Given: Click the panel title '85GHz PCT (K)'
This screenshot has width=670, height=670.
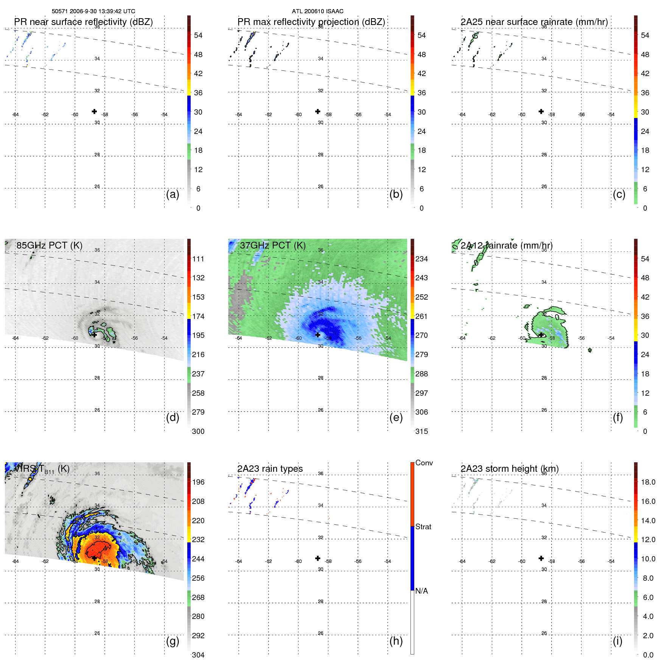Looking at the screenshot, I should tap(49, 246).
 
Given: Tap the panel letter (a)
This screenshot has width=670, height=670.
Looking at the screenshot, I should tap(173, 194).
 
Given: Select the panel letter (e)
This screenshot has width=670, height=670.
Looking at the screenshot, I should tap(396, 417).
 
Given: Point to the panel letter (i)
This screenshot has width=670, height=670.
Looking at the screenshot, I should tap(617, 641).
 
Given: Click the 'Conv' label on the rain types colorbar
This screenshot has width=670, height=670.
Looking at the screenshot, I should tap(424, 463).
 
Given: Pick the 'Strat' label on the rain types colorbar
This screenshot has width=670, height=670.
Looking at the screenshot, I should tap(423, 527).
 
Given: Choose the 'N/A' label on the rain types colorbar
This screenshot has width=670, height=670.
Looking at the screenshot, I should tap(421, 591).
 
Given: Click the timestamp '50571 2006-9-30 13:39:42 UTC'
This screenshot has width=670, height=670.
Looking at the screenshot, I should tap(93, 11).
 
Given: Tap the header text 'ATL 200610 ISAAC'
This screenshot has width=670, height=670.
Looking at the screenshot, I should tap(317, 11).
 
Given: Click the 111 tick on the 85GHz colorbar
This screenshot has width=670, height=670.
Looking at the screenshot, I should tap(198, 259).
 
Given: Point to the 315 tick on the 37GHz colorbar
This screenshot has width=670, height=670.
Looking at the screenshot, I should tap(421, 431).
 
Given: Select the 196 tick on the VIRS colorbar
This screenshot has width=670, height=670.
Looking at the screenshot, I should tap(198, 482).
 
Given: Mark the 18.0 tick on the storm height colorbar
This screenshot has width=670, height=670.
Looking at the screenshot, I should tap(648, 482).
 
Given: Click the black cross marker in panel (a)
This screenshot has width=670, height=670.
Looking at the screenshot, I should tap(94, 111).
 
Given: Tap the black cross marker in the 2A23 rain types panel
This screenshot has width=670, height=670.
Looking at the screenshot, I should tap(318, 558).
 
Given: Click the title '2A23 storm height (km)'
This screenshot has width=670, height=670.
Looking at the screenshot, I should tap(509, 469).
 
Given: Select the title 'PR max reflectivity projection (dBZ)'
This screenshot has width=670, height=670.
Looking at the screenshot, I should tap(311, 22).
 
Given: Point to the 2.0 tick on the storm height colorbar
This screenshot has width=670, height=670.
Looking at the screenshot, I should tap(648, 636).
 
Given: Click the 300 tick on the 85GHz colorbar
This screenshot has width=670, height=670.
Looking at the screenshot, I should tap(198, 431).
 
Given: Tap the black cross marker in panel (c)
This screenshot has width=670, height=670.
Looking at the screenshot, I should tap(541, 111).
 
